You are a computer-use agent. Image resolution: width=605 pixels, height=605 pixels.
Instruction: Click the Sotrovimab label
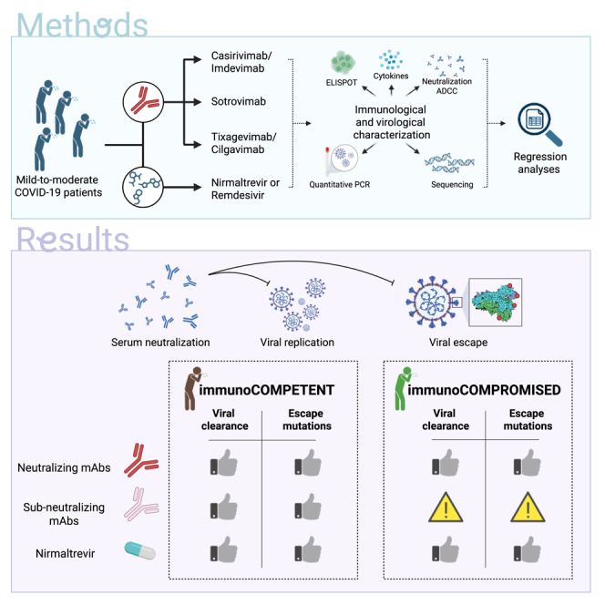[239, 101]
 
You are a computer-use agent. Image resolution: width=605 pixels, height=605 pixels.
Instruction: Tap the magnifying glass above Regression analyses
[539, 124]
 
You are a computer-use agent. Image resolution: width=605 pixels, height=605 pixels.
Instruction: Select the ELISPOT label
[342, 83]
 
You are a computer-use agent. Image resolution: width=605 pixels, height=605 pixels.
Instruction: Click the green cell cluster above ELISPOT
[343, 63]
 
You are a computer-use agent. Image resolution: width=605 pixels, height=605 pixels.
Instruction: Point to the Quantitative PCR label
[340, 185]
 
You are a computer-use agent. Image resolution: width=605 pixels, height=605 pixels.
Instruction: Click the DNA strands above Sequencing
[449, 163]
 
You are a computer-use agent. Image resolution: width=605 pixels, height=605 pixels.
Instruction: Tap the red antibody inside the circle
[144, 101]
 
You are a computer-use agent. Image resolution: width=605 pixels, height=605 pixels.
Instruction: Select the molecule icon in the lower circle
[143, 187]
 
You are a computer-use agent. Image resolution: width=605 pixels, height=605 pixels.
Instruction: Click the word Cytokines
[391, 76]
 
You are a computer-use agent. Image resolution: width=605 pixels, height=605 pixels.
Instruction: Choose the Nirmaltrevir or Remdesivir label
[245, 189]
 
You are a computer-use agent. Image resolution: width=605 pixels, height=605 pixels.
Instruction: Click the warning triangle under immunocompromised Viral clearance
[446, 507]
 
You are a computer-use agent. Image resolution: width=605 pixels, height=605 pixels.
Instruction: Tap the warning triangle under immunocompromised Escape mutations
[528, 507]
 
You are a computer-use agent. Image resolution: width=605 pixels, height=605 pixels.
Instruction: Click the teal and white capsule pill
[139, 550]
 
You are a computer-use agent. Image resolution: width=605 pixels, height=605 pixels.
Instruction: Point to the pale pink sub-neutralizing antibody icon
[141, 504]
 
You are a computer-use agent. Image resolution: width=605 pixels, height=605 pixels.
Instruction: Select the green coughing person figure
[403, 388]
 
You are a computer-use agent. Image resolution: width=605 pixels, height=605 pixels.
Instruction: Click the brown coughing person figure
[193, 388]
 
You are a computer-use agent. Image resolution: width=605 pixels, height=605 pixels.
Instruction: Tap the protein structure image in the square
[496, 302]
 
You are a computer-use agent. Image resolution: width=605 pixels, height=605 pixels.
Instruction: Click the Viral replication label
[297, 343]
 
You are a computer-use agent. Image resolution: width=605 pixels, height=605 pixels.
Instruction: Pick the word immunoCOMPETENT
[267, 390]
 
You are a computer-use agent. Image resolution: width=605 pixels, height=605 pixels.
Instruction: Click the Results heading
[73, 240]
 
